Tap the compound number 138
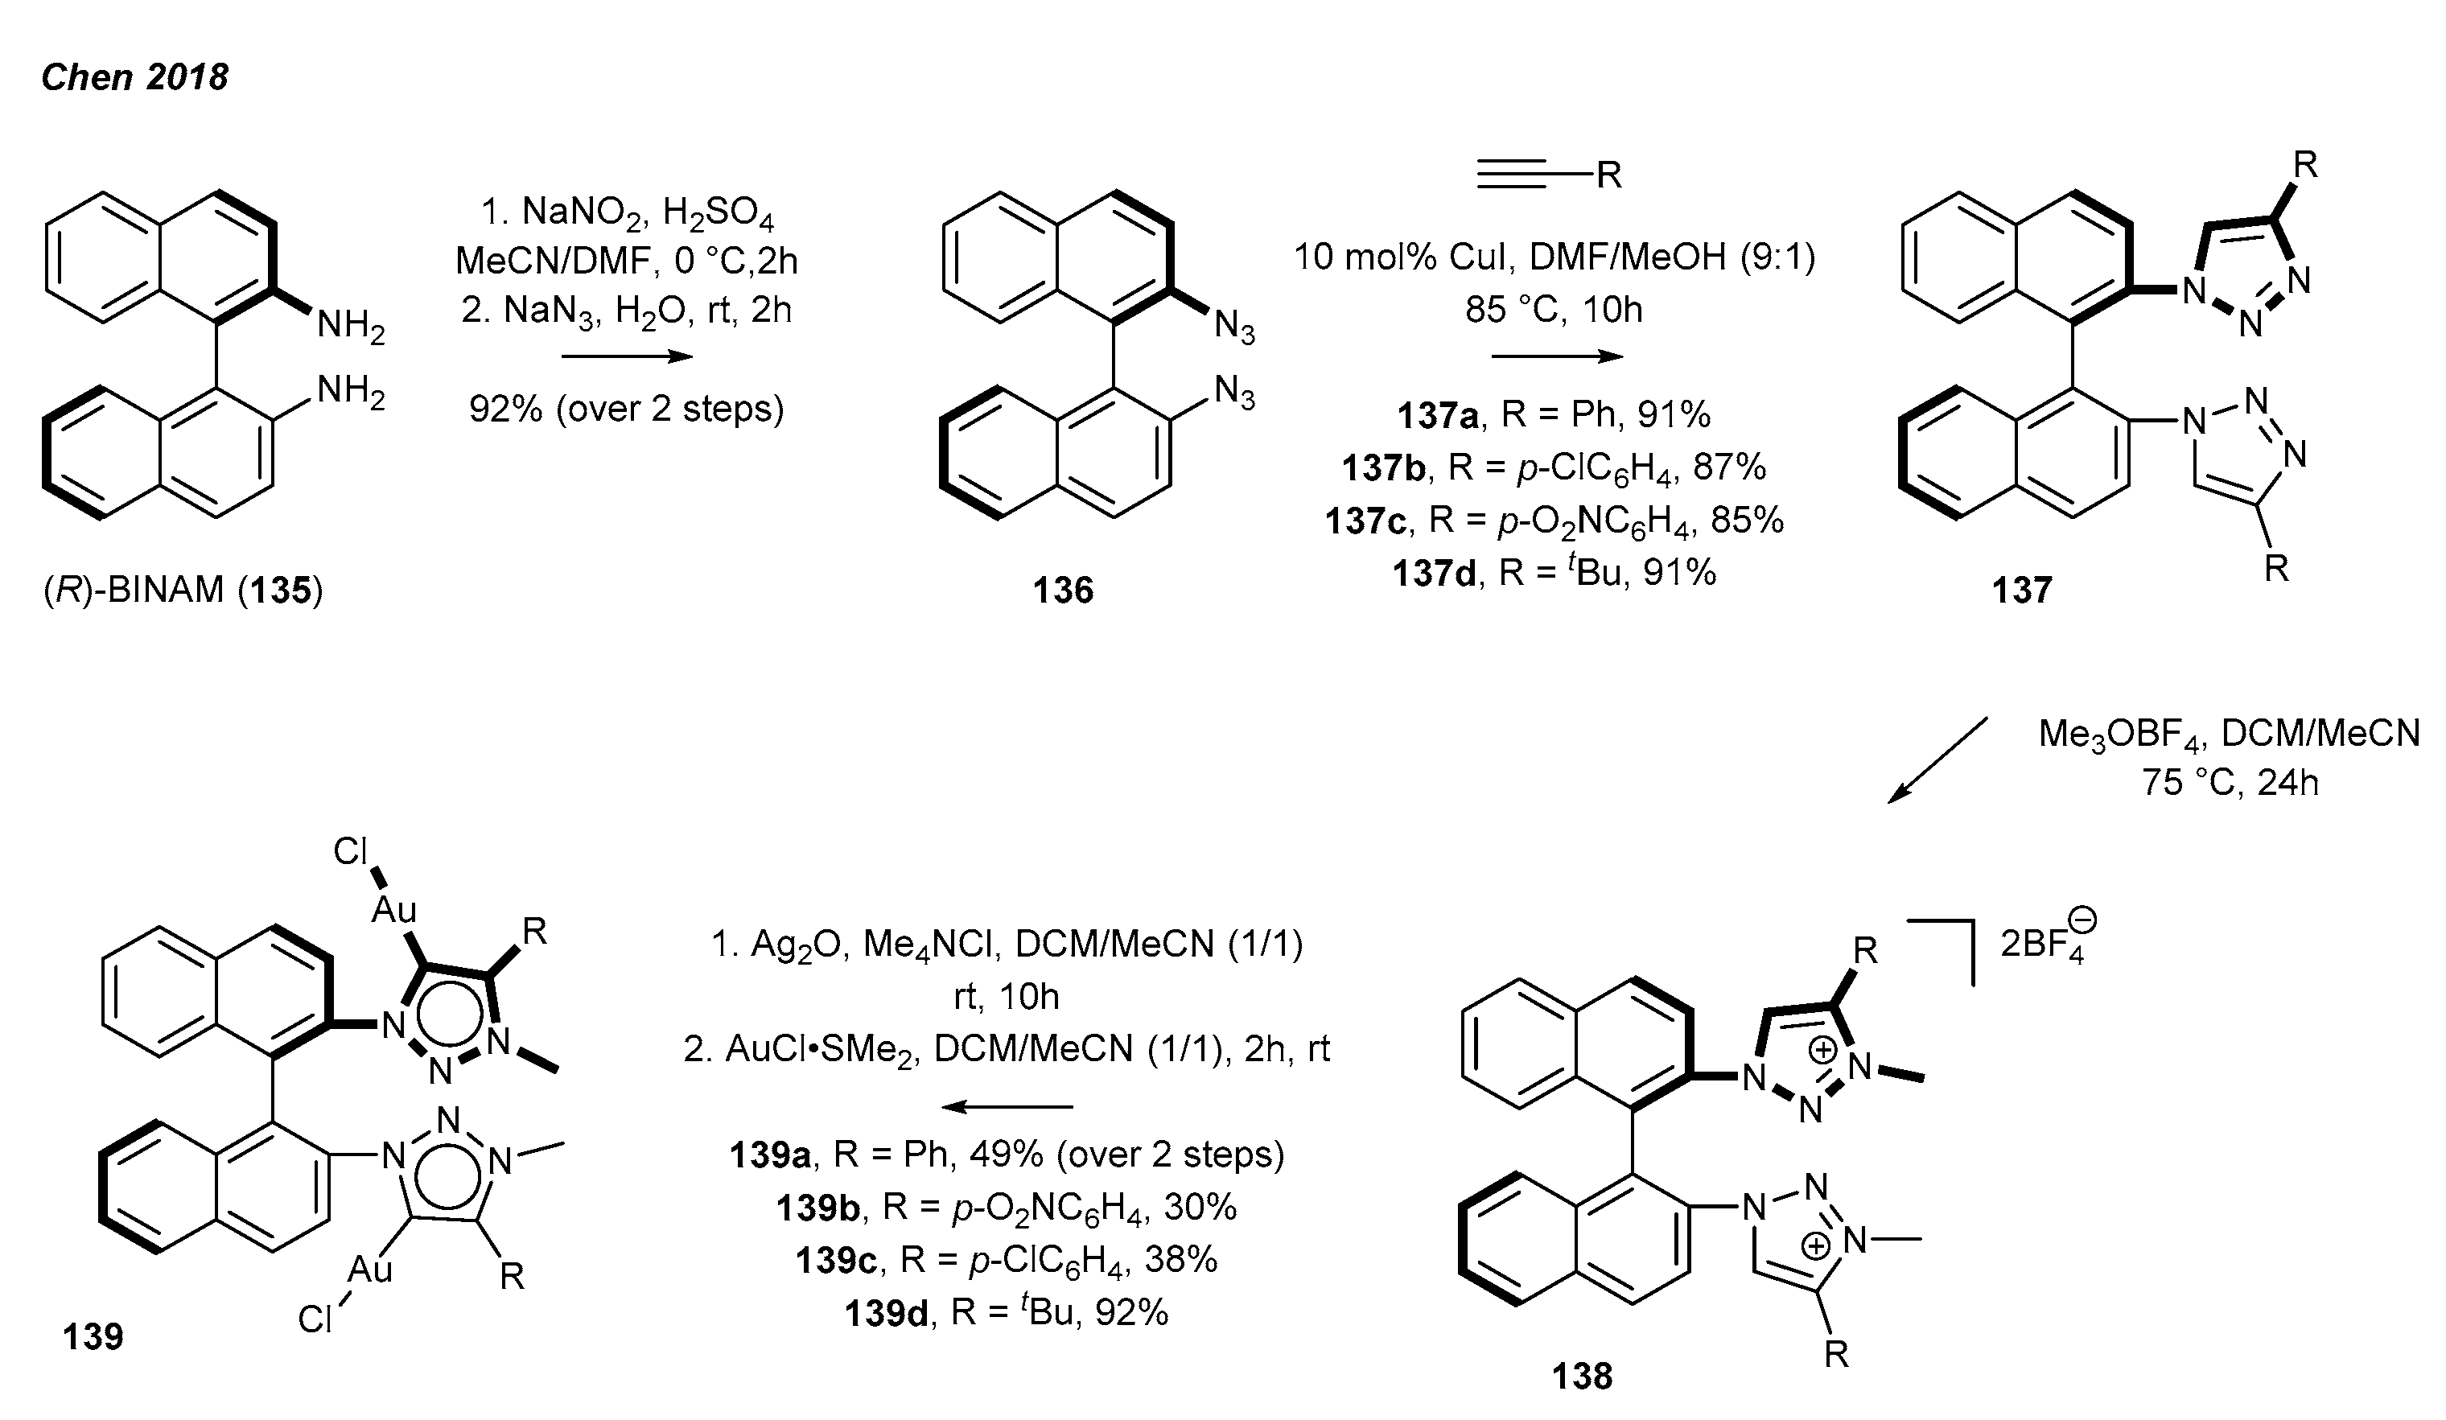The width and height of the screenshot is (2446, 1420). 1582,1376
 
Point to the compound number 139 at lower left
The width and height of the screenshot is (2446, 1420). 93,1336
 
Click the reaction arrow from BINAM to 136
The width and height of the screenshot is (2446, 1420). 627,356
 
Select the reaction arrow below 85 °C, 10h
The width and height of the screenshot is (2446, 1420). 1556,356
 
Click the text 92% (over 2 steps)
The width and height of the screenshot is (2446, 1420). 627,409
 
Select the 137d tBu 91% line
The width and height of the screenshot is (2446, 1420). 1554,573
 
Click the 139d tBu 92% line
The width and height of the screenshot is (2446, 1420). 1006,1312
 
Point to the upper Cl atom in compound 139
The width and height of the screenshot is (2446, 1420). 350,851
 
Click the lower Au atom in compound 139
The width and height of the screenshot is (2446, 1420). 370,1269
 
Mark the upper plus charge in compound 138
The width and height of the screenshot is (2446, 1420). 1824,1049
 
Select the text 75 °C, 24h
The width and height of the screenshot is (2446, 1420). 2230,782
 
